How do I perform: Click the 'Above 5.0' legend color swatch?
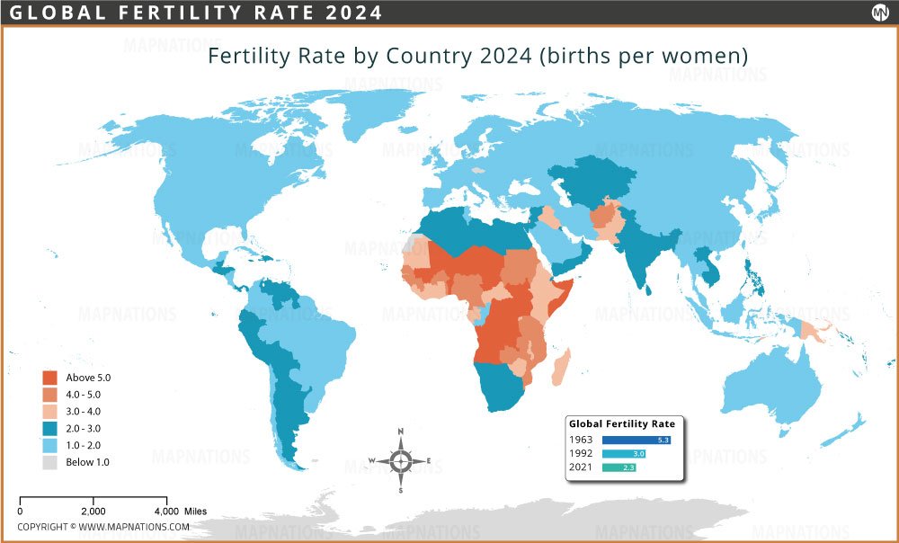(51, 378)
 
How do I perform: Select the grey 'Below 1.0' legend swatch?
(51, 462)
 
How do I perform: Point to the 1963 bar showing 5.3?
(637, 440)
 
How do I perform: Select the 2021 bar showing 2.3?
(619, 468)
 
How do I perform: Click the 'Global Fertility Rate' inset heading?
(622, 423)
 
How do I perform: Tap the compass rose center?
(401, 461)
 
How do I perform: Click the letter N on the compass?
(401, 432)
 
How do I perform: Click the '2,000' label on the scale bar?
(93, 511)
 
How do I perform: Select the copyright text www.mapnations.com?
(133, 527)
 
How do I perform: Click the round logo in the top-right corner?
(879, 13)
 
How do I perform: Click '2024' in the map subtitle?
(504, 56)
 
